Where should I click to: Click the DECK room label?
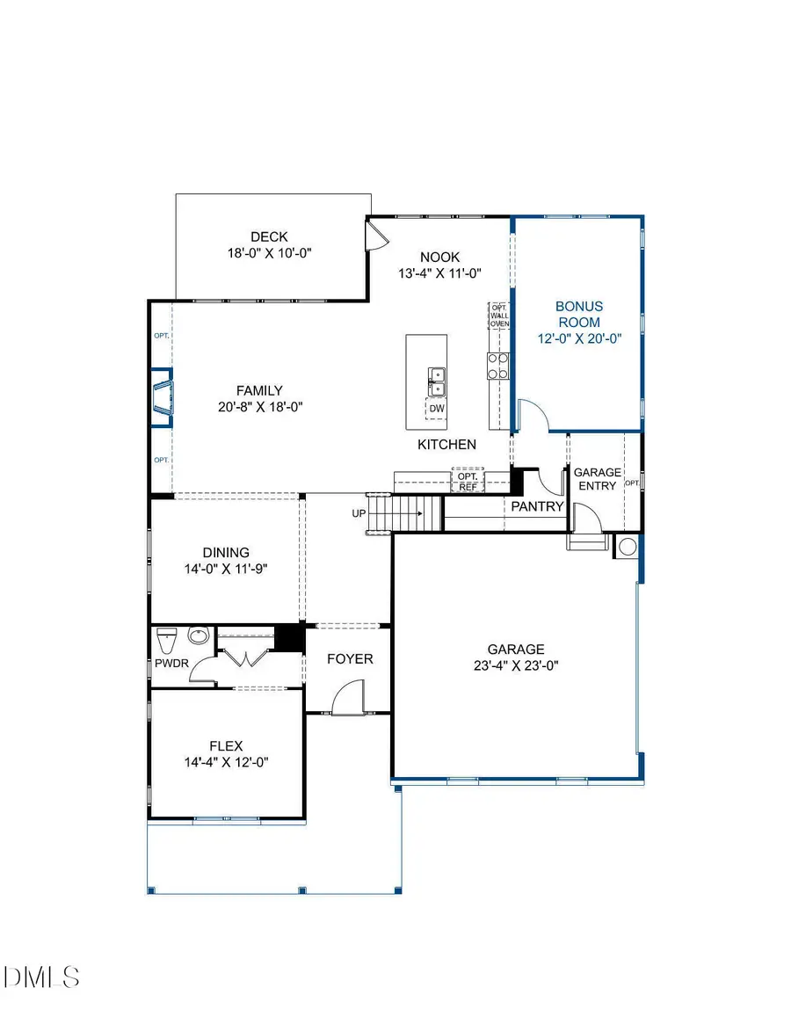[x=269, y=236]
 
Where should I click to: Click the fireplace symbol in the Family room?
[x=163, y=396]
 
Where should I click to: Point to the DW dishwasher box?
[x=437, y=408]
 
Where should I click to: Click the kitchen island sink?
[x=436, y=381]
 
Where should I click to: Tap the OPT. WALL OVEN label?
[x=499, y=316]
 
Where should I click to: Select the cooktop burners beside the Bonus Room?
[x=498, y=365]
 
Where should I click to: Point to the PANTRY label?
[x=537, y=506]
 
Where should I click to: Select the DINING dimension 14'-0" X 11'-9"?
[x=226, y=569]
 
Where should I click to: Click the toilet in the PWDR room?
[x=165, y=636]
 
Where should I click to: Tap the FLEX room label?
[x=226, y=746]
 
